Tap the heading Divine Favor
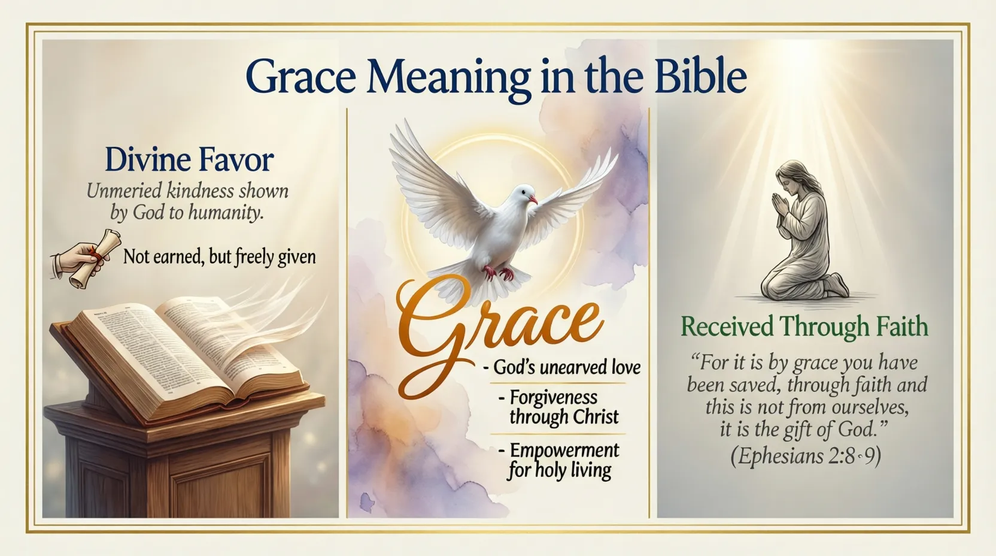pyautogui.click(x=189, y=160)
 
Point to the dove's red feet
pyautogui.click(x=498, y=273)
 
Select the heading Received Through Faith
pyautogui.click(x=804, y=327)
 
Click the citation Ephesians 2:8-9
pyautogui.click(x=805, y=457)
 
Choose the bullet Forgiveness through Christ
pyautogui.click(x=563, y=407)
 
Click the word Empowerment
pyautogui.click(x=564, y=451)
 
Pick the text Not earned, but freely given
pyautogui.click(x=219, y=257)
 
